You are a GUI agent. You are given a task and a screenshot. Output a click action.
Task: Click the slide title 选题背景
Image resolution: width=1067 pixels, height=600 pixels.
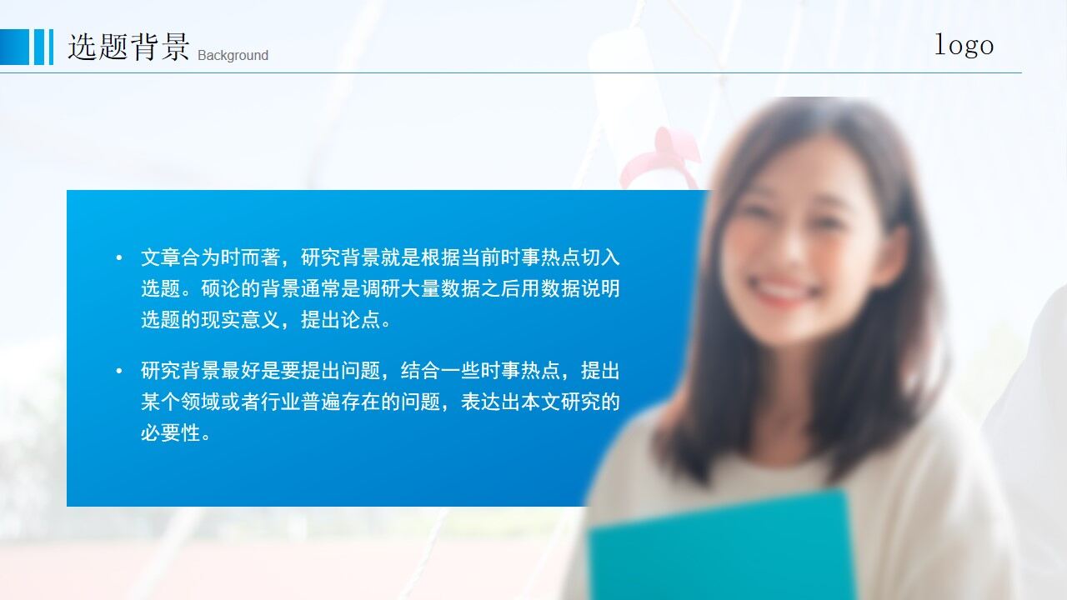pos(128,47)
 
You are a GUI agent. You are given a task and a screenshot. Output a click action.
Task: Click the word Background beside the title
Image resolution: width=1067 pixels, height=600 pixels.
pos(233,56)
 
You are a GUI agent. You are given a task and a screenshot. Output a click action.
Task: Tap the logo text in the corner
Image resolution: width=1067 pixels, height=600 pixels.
pos(964,45)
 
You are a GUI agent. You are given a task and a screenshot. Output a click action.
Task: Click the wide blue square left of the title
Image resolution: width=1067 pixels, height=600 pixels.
pos(14,47)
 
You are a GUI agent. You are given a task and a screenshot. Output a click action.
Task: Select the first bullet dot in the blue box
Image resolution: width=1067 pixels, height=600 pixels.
pos(119,258)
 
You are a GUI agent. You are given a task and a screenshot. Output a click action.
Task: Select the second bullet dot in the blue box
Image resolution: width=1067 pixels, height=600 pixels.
pos(119,371)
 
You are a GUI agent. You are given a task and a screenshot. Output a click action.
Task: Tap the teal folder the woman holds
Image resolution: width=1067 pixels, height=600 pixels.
pos(722,546)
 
